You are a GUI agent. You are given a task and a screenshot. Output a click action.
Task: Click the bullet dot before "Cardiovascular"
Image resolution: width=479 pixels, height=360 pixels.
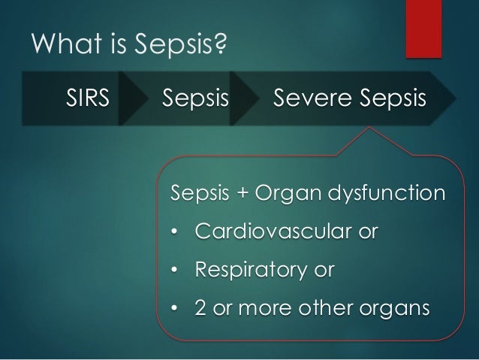pyautogui.click(x=176, y=231)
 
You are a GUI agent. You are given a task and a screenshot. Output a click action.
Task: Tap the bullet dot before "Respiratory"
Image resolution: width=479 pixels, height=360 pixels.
pyautogui.click(x=176, y=269)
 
